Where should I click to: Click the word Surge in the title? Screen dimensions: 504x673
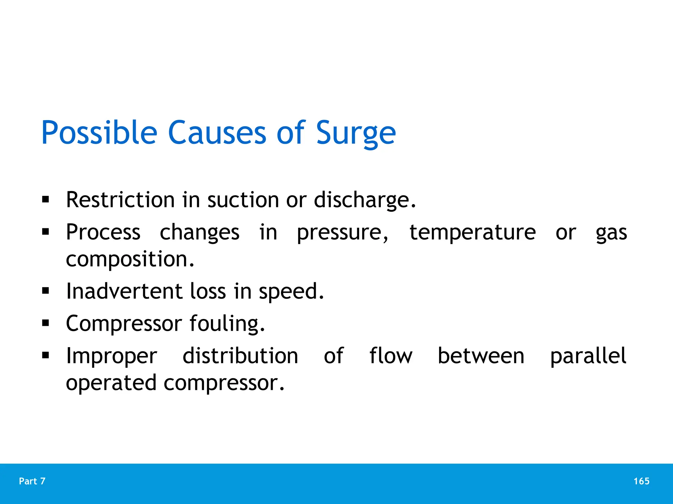click(356, 133)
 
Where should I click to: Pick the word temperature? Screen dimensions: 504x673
click(473, 232)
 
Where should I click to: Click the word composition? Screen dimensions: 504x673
click(130, 259)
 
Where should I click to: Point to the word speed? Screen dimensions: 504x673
click(291, 292)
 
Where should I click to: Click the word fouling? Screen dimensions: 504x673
click(227, 324)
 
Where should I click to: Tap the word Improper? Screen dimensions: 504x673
click(112, 356)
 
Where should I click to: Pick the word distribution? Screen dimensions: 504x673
click(240, 356)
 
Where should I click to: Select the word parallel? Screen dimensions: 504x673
click(588, 356)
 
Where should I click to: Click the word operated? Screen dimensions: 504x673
click(111, 383)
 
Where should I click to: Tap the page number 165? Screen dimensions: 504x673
click(641, 481)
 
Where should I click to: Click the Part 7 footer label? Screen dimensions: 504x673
click(32, 481)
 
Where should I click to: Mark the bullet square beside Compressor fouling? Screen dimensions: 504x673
click(46, 323)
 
